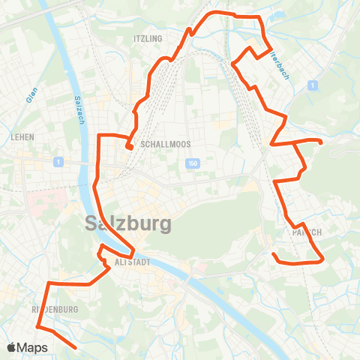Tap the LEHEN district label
click(23, 137)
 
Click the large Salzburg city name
click(128, 223)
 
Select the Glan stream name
click(31, 94)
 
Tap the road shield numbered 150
click(193, 163)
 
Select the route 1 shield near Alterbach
click(310, 86)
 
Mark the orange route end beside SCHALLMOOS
click(130, 147)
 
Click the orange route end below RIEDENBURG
click(75, 347)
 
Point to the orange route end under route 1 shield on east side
click(321, 142)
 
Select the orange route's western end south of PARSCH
click(273, 255)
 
